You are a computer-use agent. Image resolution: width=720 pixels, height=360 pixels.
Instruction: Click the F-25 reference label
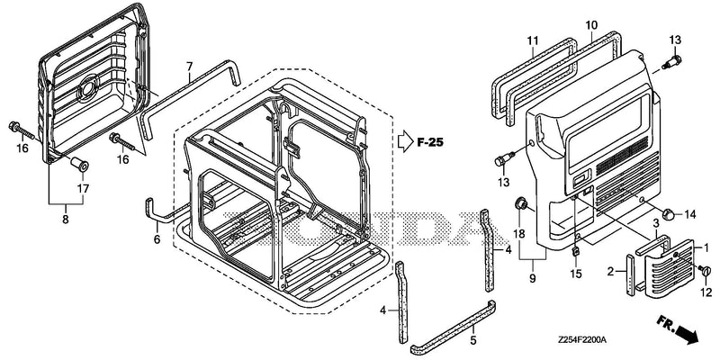(x=430, y=143)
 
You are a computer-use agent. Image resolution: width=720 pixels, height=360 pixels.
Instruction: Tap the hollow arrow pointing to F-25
(x=406, y=142)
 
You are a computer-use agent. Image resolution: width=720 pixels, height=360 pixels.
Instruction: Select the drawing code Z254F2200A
(x=582, y=340)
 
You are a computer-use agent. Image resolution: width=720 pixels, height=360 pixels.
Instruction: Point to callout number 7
(x=189, y=66)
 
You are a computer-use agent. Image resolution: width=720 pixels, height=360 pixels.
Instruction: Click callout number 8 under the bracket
(x=66, y=220)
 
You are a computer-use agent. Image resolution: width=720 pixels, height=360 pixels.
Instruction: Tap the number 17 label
(x=83, y=188)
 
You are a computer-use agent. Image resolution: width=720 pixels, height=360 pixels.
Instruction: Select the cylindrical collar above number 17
(x=79, y=164)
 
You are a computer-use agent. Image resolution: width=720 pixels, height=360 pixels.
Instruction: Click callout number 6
(x=157, y=239)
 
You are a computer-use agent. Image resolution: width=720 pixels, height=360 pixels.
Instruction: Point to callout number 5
(x=473, y=340)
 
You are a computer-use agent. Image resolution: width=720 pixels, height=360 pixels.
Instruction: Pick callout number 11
(x=532, y=40)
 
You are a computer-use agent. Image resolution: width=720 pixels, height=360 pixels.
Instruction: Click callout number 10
(x=591, y=24)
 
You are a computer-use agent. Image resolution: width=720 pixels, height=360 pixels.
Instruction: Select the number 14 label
(x=690, y=213)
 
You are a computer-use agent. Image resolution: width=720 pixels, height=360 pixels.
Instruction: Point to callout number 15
(x=576, y=274)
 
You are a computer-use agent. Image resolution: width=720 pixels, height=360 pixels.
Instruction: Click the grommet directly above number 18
(x=521, y=203)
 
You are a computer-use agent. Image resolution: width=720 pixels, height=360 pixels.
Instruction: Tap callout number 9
(x=533, y=278)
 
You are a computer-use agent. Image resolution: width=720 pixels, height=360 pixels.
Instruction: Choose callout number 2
(x=610, y=272)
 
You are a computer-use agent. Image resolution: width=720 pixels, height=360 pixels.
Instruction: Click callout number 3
(x=657, y=223)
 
